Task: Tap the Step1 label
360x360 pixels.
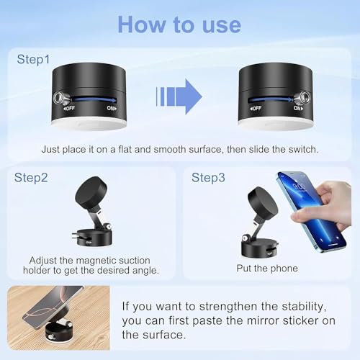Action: pos(35,59)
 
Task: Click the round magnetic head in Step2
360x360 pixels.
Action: pos(93,192)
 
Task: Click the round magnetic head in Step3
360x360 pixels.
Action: pos(263,204)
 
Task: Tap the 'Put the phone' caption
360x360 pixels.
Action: pos(266,268)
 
